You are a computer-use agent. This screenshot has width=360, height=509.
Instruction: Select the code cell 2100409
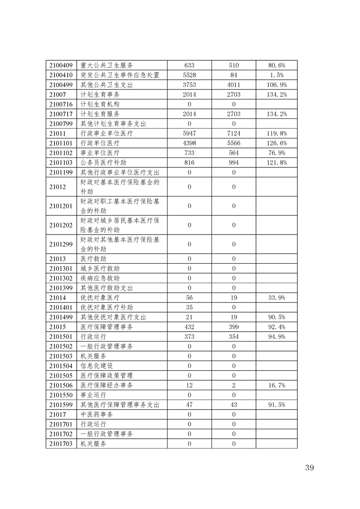[x=61, y=65]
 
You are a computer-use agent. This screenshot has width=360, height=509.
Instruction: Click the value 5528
[x=189, y=75]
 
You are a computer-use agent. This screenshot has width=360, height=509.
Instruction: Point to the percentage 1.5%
[x=276, y=75]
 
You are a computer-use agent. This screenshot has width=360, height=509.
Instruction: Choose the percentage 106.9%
[x=276, y=85]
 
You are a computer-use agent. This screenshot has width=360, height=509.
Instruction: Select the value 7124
[x=234, y=133]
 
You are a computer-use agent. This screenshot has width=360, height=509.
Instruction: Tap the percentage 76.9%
[x=276, y=153]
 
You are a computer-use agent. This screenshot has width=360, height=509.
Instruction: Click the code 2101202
[x=61, y=225]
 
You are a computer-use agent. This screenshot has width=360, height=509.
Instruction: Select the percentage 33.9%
[x=276, y=298]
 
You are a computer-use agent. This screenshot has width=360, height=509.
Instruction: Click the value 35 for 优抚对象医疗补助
[x=189, y=307]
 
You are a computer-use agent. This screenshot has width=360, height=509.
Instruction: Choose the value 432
[x=189, y=327]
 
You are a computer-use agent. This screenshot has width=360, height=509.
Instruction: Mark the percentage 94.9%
[x=276, y=336]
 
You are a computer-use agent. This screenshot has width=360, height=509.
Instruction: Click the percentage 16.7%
[x=276, y=385]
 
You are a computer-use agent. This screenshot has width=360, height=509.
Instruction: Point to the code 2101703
[x=61, y=444]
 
